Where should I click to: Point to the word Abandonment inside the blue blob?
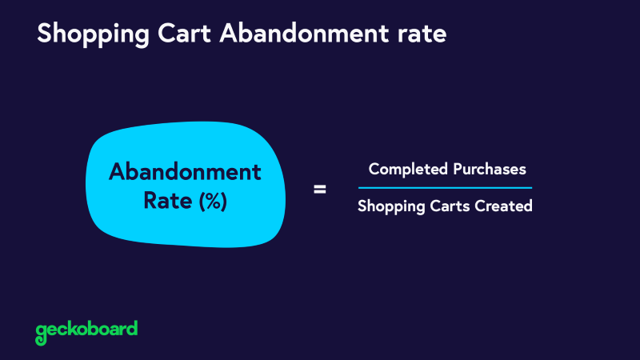(x=185, y=172)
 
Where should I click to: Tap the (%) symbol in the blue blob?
(x=213, y=202)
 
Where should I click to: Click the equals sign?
(x=319, y=190)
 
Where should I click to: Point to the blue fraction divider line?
(x=445, y=187)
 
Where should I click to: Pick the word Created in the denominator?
(x=504, y=206)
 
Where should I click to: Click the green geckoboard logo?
(x=86, y=330)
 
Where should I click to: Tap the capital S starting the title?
(x=45, y=34)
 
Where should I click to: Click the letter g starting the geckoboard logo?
(x=41, y=331)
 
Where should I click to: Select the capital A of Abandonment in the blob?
(x=117, y=172)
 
